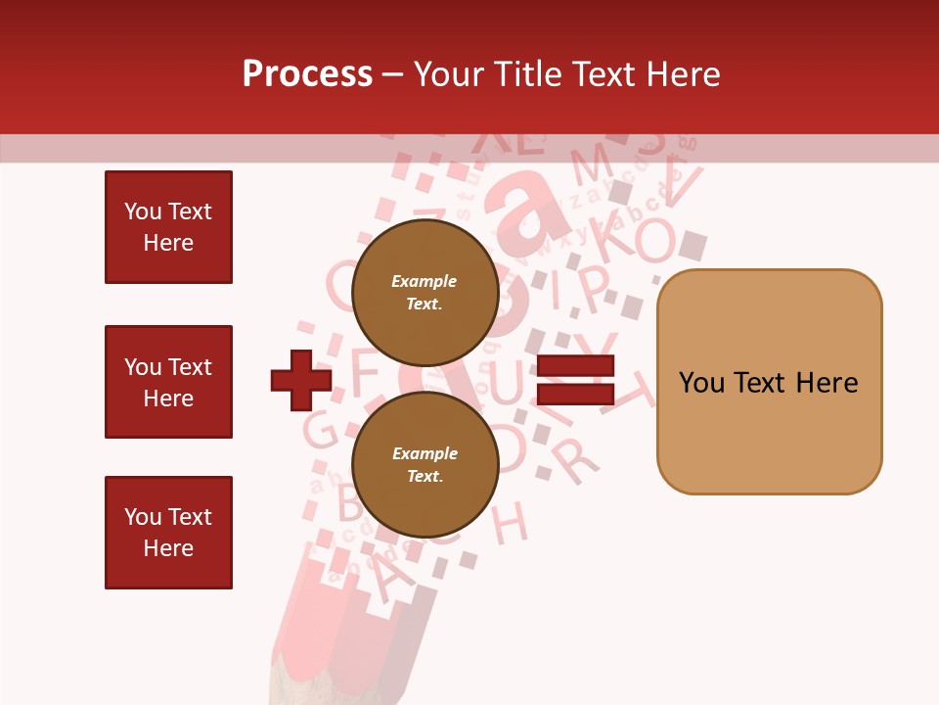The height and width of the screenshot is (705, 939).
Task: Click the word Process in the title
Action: click(x=307, y=74)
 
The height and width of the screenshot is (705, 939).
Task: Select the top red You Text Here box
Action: click(x=168, y=227)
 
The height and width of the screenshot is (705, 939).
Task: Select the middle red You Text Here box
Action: click(x=168, y=382)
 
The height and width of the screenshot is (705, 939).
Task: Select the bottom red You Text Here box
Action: click(x=168, y=533)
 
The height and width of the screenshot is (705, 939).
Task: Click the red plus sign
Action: click(x=301, y=381)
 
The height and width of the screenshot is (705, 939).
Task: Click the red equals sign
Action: click(x=575, y=381)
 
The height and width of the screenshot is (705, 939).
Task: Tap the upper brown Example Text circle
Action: click(x=425, y=292)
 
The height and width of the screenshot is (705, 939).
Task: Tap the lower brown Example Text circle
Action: click(x=425, y=464)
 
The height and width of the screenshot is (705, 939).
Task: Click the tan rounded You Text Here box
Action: click(x=769, y=382)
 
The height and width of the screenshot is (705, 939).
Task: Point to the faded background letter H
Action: click(x=510, y=522)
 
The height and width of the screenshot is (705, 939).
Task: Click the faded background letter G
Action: click(x=320, y=430)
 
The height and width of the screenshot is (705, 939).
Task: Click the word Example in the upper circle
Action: click(x=425, y=281)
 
